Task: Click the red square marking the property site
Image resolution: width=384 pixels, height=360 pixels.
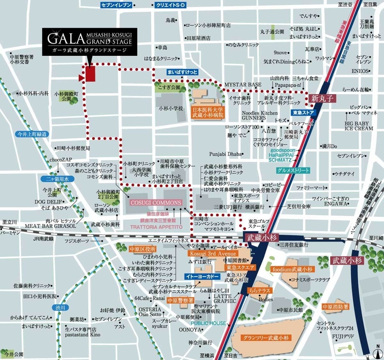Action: [x=91, y=74]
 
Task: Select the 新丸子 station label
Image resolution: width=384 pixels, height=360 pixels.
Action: [x=321, y=99]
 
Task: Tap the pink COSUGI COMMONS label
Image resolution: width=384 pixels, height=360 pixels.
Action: [x=155, y=203]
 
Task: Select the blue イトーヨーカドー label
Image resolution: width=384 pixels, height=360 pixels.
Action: [x=199, y=277]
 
